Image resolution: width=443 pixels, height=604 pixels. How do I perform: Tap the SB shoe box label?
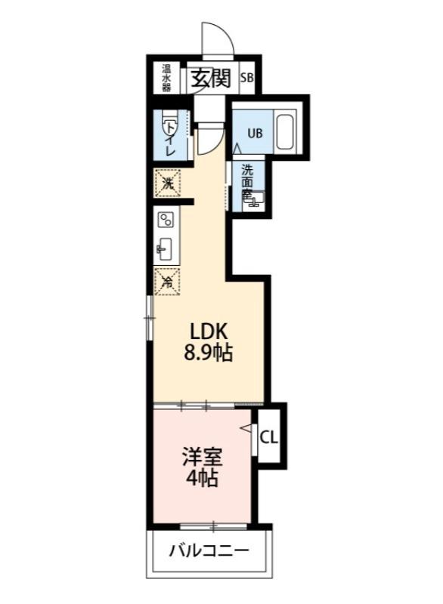248,78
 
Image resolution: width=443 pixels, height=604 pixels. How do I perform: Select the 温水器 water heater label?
166,78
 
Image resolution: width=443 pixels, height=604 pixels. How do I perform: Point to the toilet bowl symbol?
167,120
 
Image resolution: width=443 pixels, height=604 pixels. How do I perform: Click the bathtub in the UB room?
285,132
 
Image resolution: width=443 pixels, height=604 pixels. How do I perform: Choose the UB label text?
256,134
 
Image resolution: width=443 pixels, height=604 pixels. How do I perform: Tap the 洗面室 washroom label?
247,181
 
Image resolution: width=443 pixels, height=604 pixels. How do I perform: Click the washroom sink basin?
257,199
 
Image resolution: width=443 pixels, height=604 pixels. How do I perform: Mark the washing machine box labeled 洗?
169,183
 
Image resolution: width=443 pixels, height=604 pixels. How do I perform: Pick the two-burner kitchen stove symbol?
166,220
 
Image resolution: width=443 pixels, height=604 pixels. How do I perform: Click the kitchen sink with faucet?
166,248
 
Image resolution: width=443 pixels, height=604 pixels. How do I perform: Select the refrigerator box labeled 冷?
169,281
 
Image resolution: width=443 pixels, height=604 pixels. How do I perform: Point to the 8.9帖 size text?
209,353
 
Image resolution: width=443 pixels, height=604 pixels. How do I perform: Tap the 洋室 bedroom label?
200,458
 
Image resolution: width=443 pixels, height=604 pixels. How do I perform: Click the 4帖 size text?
200,479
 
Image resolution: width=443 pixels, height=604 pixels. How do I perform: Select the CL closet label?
268,437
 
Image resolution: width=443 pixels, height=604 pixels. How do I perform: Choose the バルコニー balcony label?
209,550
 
